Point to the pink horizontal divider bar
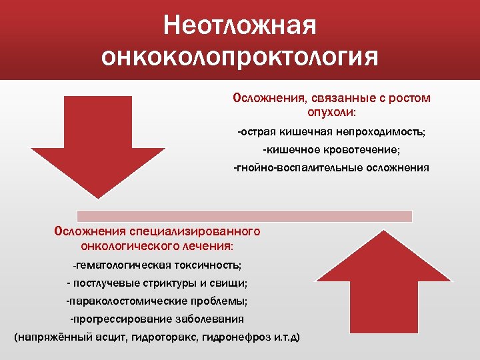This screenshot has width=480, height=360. coord(245,216)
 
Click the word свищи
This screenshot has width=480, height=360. coord(229,283)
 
